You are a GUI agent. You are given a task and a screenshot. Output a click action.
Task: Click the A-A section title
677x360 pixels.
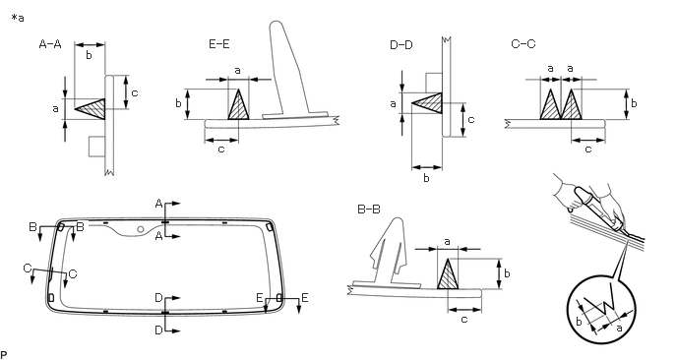(x=50, y=44)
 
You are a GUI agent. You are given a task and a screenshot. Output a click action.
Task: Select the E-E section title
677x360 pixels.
(x=219, y=44)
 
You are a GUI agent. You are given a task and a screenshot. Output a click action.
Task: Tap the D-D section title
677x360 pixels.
(x=401, y=44)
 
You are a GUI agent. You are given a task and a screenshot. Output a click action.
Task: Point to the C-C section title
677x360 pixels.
(x=523, y=44)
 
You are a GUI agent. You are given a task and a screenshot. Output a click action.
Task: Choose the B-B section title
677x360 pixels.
(x=369, y=210)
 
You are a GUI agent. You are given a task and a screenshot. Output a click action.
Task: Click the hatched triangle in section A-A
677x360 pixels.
(x=93, y=109)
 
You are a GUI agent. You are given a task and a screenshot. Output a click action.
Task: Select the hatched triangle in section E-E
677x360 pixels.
(x=239, y=104)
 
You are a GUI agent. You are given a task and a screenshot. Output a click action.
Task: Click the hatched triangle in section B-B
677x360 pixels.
(x=448, y=273)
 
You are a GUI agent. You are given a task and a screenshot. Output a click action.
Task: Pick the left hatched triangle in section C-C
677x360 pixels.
(x=550, y=104)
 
